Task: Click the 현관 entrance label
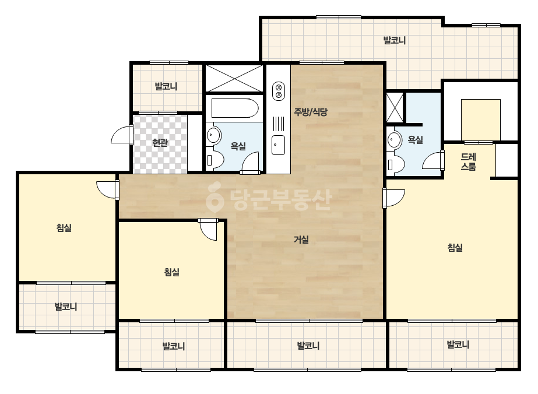tap(160, 142)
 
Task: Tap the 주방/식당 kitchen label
tap(311, 111)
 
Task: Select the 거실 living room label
tap(301, 240)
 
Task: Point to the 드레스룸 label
tap(469, 162)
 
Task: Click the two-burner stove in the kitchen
tap(279, 91)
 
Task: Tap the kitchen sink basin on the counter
tap(278, 145)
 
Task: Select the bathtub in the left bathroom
tap(235, 108)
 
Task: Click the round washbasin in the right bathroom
tap(394, 140)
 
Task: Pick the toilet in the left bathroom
tap(215, 161)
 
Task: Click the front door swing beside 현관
tap(122, 134)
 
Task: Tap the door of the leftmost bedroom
tap(108, 190)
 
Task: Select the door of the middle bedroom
tap(208, 230)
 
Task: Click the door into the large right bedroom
tap(394, 198)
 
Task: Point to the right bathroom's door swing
tap(433, 160)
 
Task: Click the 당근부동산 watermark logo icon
tap(215, 198)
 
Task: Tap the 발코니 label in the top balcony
tap(395, 40)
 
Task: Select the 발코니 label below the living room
tap(308, 346)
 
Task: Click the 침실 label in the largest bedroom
tap(455, 248)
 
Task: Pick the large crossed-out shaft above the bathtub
tap(234, 78)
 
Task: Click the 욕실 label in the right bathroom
tap(415, 140)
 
